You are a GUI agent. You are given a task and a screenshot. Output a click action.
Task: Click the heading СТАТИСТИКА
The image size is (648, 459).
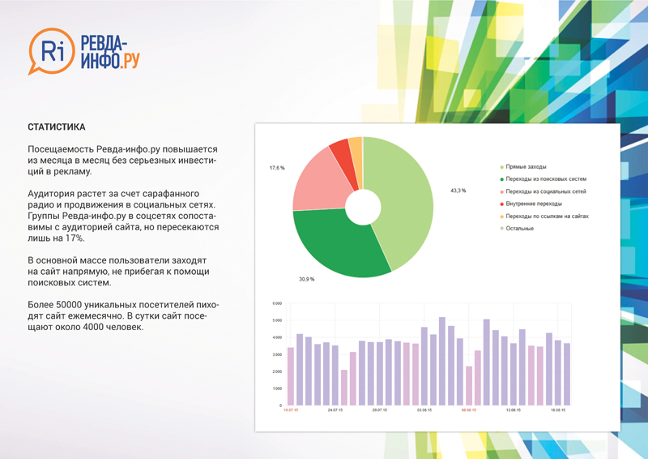click(x=56, y=128)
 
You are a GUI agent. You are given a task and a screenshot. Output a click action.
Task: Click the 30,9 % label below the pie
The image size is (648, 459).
click(x=306, y=279)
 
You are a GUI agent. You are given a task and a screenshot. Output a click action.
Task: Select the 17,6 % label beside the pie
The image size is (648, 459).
click(x=277, y=168)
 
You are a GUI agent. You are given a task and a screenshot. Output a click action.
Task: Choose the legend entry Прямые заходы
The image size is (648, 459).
click(x=527, y=165)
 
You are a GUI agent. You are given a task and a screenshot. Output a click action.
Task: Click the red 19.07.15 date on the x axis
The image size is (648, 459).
click(x=290, y=410)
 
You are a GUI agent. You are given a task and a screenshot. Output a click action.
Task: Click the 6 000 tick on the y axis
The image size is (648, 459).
click(x=276, y=303)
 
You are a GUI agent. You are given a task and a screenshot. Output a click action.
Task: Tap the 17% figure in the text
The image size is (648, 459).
click(x=70, y=238)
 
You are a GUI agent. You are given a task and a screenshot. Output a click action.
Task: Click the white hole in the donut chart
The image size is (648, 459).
click(x=363, y=208)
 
